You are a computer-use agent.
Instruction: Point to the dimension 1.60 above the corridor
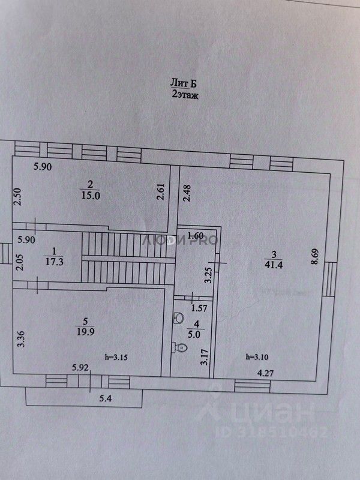tap(196, 235)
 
